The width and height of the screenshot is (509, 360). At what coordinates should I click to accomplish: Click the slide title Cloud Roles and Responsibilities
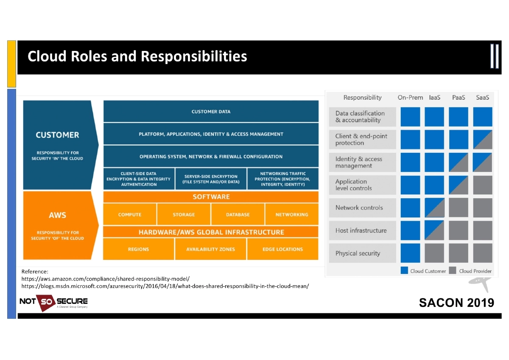[x=137, y=56]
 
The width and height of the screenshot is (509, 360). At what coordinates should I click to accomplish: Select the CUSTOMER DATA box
[x=211, y=112]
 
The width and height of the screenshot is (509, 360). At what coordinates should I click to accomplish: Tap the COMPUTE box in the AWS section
[x=130, y=214]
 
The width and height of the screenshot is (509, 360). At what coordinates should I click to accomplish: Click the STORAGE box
[x=184, y=214]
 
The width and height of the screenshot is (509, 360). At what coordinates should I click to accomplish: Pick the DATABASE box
[x=238, y=214]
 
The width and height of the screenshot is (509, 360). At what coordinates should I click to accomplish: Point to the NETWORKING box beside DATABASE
[x=292, y=214]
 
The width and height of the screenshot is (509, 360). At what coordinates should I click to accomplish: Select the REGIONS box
[x=138, y=249]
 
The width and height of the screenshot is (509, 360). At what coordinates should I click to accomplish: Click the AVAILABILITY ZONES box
[x=210, y=249]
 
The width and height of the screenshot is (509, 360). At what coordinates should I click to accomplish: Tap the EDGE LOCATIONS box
[x=282, y=249]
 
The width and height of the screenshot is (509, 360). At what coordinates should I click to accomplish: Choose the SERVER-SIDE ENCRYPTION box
[x=211, y=179]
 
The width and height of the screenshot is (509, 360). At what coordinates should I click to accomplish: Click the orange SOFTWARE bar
[x=211, y=197]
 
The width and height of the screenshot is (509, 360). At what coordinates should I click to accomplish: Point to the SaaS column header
[x=482, y=98]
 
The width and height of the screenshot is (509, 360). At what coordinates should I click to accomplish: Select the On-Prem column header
[x=410, y=98]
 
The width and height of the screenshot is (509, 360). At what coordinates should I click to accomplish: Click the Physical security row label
[x=358, y=253]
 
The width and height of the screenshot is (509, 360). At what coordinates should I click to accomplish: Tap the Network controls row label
[x=359, y=208]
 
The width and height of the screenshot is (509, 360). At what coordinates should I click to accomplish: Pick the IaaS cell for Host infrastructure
[x=434, y=231]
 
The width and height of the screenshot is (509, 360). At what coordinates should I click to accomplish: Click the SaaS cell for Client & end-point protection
[x=483, y=139]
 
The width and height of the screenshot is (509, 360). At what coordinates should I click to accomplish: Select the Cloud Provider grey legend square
[x=453, y=271]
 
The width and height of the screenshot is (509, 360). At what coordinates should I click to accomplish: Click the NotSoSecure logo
[x=53, y=302]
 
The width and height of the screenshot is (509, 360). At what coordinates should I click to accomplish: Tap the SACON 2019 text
[x=456, y=303]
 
